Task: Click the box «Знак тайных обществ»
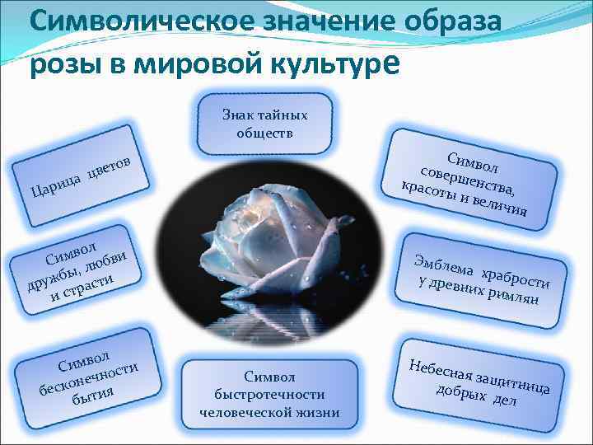264,124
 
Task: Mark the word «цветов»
118,162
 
